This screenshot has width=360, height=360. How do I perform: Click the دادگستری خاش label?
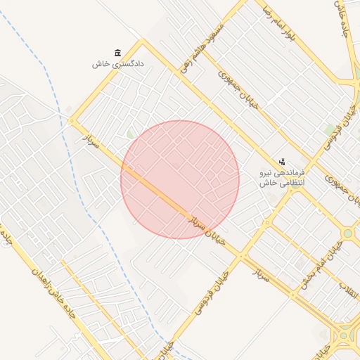tap(117, 64)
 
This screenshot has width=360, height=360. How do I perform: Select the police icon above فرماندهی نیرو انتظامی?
tap(283, 162)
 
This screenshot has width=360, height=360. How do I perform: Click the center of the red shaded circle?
tap(180, 180)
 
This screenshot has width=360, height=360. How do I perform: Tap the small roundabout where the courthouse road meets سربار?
tap(72, 121)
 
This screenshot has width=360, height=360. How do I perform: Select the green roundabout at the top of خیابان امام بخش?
tap(347, 233)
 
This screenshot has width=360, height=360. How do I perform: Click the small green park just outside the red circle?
tap(130, 134)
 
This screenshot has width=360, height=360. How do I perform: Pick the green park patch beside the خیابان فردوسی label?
tap(330, 129)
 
